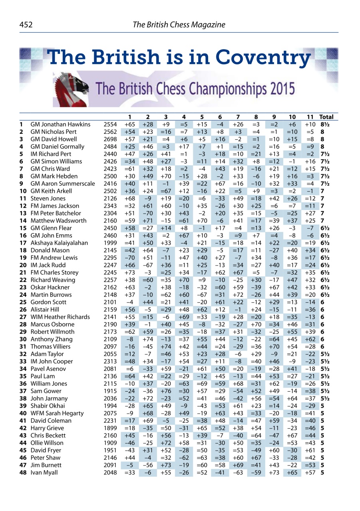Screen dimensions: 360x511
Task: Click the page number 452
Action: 26,25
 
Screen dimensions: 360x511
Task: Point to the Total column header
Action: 326,117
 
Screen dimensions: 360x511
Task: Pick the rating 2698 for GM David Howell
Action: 110,139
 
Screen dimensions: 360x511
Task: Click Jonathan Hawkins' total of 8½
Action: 324,125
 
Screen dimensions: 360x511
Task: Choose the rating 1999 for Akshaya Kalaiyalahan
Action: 110,243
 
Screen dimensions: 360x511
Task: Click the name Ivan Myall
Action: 44,473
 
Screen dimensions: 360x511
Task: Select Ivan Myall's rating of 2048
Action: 110,473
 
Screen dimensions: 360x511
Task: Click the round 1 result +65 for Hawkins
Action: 129,125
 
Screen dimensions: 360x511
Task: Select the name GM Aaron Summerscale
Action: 63,184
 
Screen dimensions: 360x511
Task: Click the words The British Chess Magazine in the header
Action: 179,25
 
